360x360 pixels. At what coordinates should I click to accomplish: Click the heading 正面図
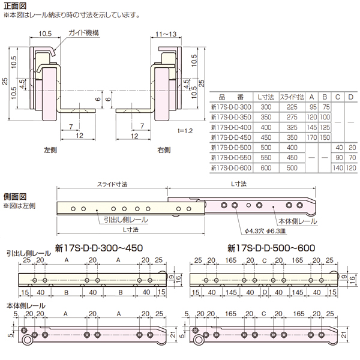15,5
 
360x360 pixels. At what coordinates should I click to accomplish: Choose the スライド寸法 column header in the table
292,95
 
